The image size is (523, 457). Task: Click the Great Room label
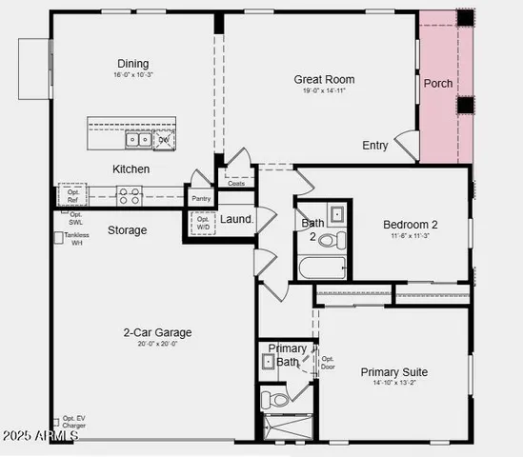tap(324, 80)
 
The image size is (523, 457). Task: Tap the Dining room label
tap(133, 64)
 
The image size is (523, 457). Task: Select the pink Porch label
tap(438, 84)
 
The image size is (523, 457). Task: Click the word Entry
tap(375, 146)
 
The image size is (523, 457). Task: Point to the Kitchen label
tap(131, 169)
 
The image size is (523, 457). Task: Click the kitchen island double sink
tap(138, 140)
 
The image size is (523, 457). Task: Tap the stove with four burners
tap(130, 195)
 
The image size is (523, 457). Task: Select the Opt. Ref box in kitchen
tap(73, 195)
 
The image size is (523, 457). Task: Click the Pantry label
tap(201, 198)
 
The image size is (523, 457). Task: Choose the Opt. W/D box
tap(202, 223)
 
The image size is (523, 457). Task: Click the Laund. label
tap(236, 220)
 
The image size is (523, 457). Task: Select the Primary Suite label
tap(393, 372)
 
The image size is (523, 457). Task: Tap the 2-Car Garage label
tap(157, 332)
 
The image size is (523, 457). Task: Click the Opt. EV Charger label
tap(73, 423)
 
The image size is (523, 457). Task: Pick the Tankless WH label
tap(76, 239)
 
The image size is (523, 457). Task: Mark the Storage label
tap(127, 229)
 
